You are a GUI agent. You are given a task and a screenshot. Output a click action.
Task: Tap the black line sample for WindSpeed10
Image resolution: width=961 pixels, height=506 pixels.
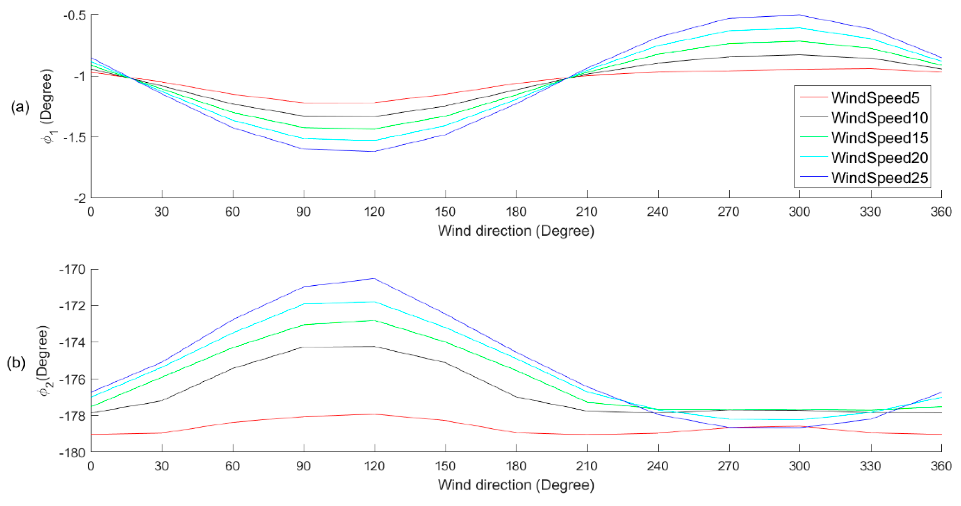814,118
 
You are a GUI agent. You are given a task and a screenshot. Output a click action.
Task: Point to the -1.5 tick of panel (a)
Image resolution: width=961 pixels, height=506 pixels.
77,137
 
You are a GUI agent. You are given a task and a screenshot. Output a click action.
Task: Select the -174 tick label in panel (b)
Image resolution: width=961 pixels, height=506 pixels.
73,342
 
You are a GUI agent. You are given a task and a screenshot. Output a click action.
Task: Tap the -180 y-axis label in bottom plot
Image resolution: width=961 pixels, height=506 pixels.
73,452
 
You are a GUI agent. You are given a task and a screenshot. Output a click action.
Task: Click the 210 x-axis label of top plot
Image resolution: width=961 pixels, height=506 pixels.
587,212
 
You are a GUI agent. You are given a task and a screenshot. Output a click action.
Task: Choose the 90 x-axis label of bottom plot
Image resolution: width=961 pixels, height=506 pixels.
303,466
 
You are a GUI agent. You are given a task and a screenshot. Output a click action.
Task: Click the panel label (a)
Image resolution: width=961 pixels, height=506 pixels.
19,107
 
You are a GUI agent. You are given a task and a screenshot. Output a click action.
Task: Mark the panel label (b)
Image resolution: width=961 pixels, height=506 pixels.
16,363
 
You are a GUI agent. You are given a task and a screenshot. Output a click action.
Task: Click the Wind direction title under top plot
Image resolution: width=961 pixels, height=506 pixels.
516,231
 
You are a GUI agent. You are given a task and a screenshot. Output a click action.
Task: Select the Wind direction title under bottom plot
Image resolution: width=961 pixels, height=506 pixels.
516,485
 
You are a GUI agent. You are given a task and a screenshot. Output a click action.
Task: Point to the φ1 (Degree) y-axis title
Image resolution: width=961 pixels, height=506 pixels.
48,107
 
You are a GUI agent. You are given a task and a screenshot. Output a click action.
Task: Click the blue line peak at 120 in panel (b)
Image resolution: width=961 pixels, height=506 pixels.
374,278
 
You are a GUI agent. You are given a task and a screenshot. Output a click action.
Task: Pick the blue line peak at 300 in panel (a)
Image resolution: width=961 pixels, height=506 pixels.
799,15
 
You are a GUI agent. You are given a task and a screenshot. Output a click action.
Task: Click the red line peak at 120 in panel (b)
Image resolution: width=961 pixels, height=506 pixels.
374,414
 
